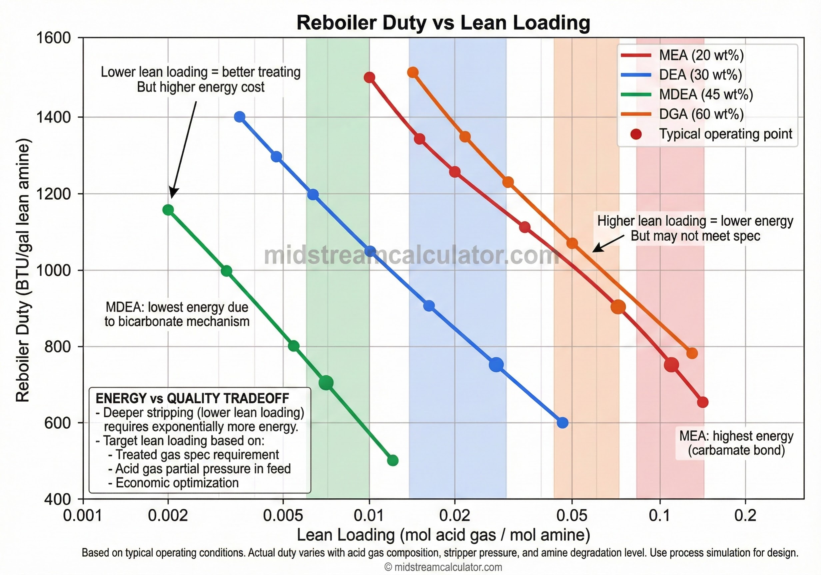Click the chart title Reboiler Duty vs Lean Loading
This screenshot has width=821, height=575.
pos(443,23)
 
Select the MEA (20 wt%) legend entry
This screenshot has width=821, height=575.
pos(701,55)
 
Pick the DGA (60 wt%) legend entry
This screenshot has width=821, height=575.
pos(701,114)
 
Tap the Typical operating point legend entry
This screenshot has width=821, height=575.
pos(725,134)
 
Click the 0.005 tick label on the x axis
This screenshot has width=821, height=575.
pos(283,516)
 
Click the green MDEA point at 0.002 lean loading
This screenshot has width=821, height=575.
pos(168,210)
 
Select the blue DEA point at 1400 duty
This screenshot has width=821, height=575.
pos(240,117)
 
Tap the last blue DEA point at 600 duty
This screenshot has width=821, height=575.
pos(562,423)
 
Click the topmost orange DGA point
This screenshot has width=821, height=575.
pos(412,73)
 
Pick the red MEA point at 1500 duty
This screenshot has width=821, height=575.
pos(370,77)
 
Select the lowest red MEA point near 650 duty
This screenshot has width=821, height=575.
pos(703,403)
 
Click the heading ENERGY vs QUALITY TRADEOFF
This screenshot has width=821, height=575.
pos(192,398)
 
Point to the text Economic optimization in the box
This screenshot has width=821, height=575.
pos(177,483)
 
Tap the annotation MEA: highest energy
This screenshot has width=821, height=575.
pos(736,436)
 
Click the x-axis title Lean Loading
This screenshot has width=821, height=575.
pos(443,535)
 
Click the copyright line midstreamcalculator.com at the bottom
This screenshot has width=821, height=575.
pos(443,567)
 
